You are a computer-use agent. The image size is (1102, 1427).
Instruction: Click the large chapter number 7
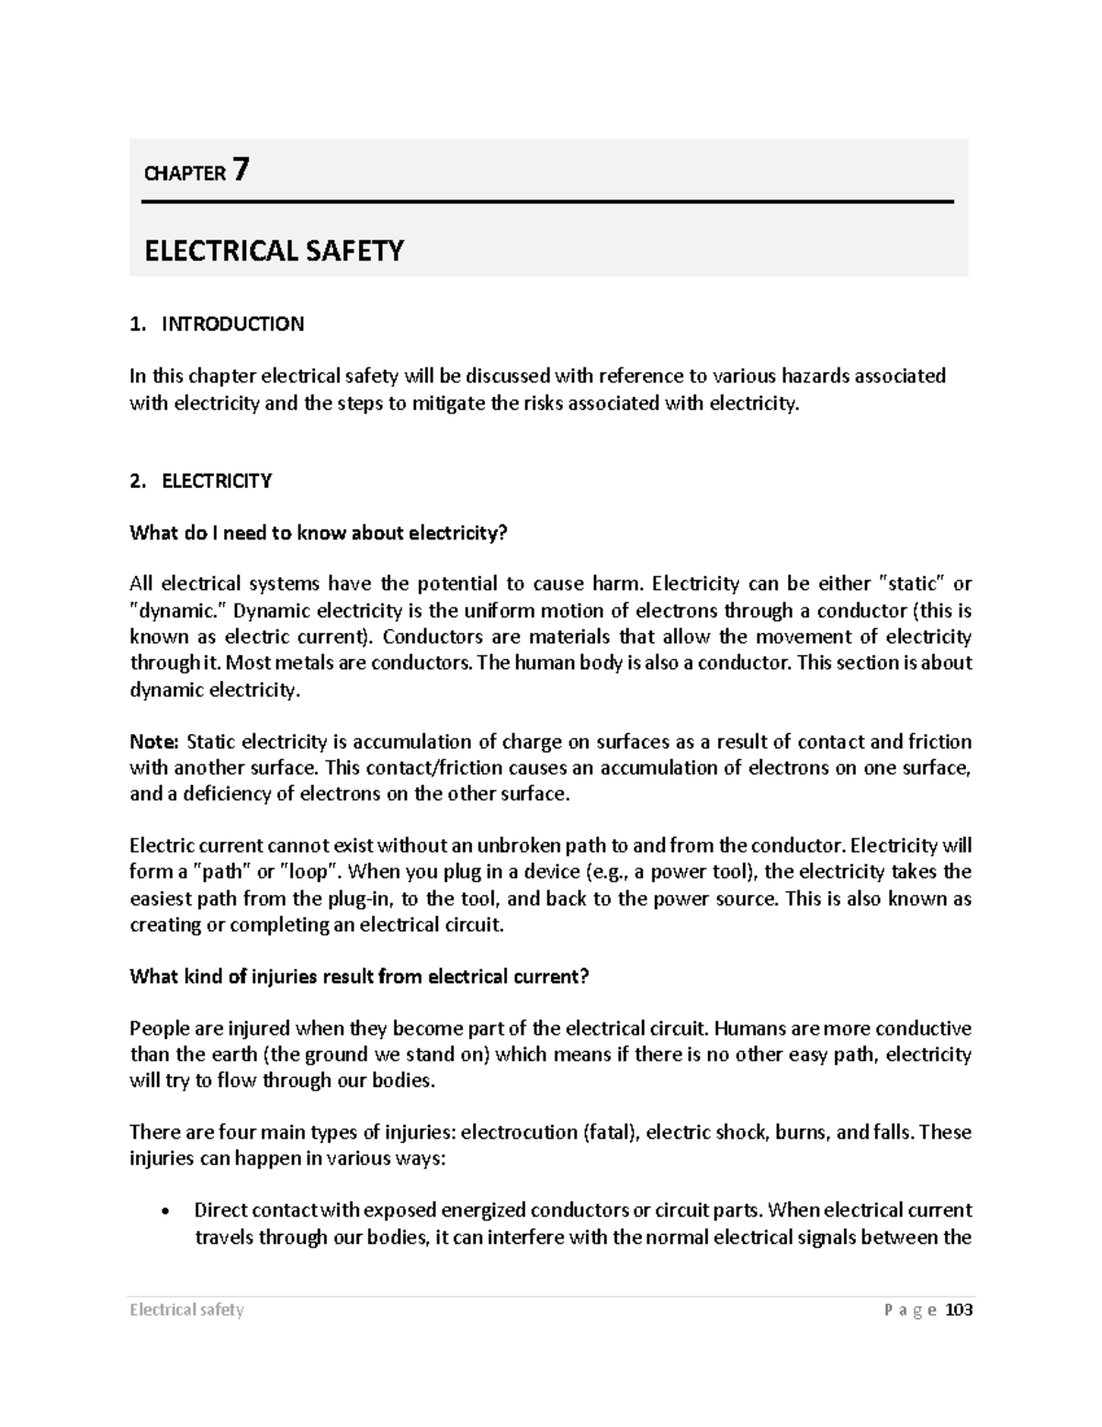click(x=241, y=170)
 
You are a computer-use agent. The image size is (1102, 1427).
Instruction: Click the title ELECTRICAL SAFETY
click(x=274, y=251)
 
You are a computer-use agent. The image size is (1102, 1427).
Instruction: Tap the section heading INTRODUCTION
click(x=232, y=324)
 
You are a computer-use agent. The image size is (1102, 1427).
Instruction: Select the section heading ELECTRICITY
click(x=217, y=481)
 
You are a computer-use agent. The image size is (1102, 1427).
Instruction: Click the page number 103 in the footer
click(x=958, y=1310)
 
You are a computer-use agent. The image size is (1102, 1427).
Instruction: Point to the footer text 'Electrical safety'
click(x=186, y=1310)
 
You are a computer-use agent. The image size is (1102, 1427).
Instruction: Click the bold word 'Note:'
click(x=155, y=742)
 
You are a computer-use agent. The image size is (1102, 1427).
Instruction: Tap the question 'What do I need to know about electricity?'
click(x=319, y=533)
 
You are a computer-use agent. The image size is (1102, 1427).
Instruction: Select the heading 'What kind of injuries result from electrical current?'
click(x=359, y=977)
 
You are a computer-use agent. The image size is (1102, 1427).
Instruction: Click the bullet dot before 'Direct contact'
click(x=164, y=1211)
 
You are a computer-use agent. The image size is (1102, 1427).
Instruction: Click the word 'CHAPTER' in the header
click(x=185, y=174)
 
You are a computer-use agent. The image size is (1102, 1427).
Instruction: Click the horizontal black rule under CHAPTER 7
click(x=548, y=201)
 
